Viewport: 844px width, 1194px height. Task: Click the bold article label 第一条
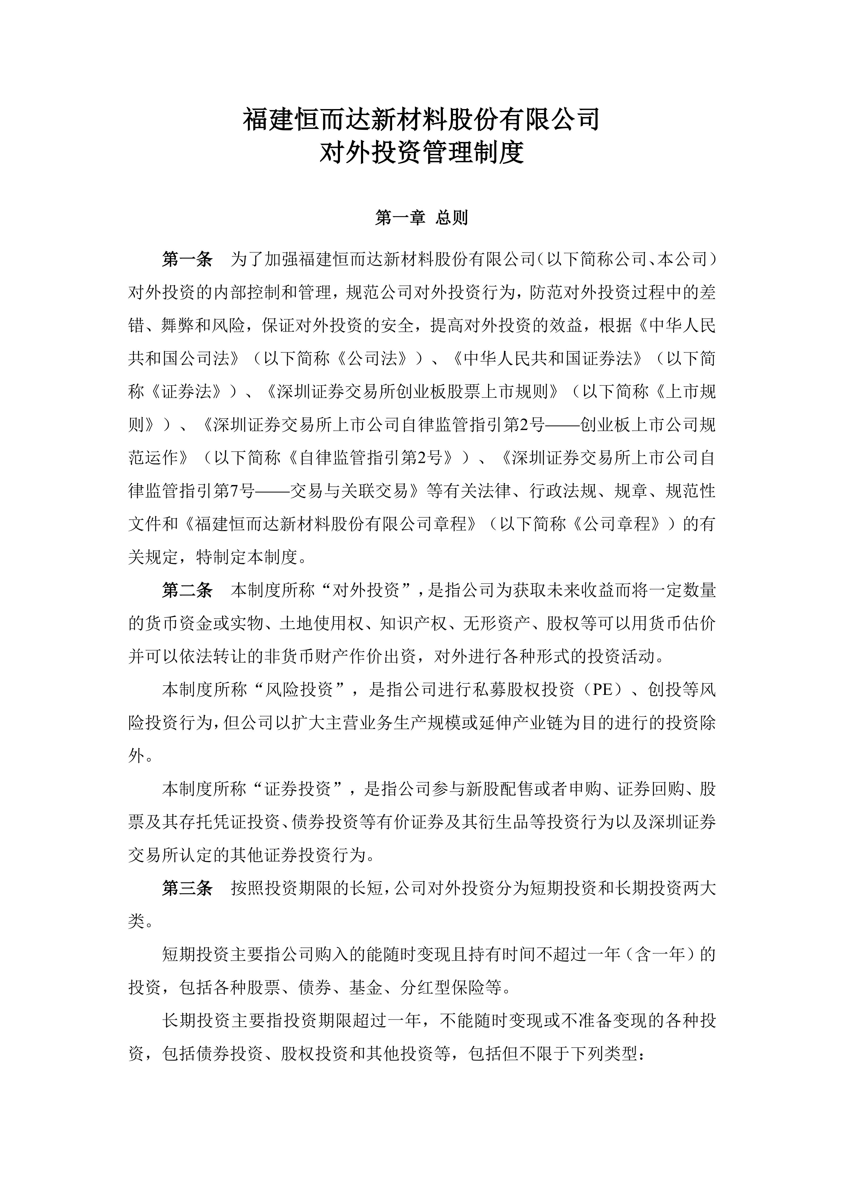pyautogui.click(x=187, y=259)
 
